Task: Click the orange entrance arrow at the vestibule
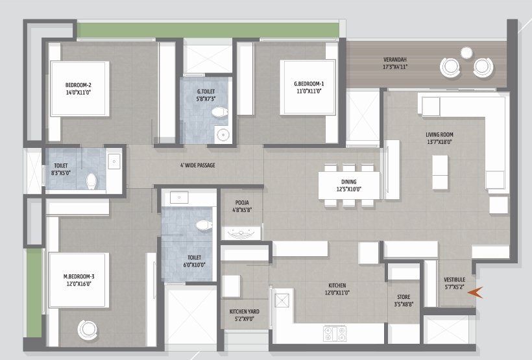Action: tap(475, 293)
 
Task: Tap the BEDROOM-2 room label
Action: tap(79, 85)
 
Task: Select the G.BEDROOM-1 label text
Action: tap(309, 84)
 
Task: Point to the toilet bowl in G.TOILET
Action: tap(219, 112)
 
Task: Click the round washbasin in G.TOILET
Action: tap(223, 135)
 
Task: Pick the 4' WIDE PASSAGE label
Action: tap(198, 165)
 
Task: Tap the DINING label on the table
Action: tap(349, 182)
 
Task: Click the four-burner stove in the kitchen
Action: tap(335, 333)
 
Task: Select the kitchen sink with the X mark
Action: tap(282, 300)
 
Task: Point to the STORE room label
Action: tap(404, 297)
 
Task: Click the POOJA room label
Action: tap(242, 202)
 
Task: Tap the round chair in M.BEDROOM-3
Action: tap(88, 330)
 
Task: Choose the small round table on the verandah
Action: tap(466, 53)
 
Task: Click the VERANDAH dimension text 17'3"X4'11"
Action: tap(395, 67)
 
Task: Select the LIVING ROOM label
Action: tap(439, 135)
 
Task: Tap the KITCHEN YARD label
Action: tap(245, 311)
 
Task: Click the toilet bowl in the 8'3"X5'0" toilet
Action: tap(91, 181)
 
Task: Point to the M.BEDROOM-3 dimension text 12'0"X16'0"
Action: tap(79, 284)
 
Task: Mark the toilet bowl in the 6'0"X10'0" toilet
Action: tap(204, 225)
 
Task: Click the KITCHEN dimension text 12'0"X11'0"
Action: tap(337, 293)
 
